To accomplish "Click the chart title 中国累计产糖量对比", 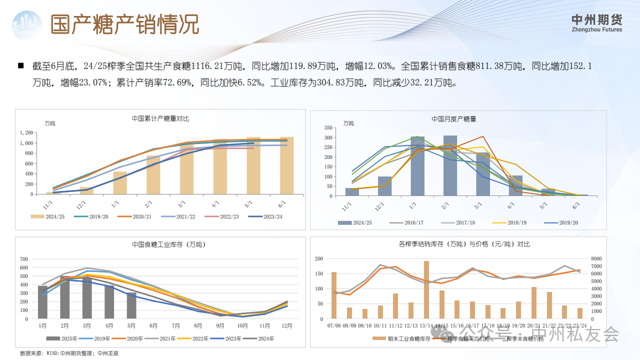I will (x=160, y=118).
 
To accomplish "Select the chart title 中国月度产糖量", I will (x=453, y=119).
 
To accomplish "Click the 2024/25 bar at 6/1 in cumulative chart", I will (x=286, y=165).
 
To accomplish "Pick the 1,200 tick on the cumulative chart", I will (x=26, y=133).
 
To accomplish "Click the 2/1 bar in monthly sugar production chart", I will (x=450, y=165).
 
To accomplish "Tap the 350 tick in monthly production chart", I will (x=328, y=128).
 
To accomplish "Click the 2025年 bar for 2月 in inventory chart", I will (x=65, y=297).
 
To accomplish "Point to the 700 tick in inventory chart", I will (x=24, y=259).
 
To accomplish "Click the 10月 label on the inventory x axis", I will (x=242, y=326).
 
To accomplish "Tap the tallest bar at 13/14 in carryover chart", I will (x=426, y=290).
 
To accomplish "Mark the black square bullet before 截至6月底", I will (x=21, y=65).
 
